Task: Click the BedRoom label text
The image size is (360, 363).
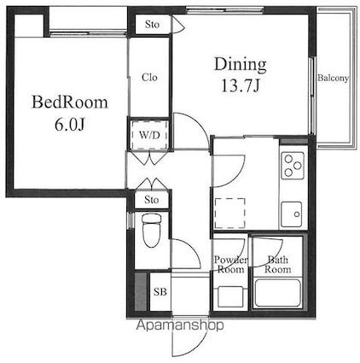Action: coord(70,103)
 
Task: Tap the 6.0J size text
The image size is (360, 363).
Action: coord(70,125)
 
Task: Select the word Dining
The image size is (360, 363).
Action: coord(240,63)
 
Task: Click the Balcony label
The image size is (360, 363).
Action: coord(333,79)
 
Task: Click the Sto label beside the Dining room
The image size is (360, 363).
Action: coord(152,24)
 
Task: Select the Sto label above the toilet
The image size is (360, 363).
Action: coord(151,200)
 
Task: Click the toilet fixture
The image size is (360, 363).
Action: coord(151,229)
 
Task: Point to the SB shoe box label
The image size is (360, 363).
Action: coord(160,291)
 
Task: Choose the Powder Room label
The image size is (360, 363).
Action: coord(230,265)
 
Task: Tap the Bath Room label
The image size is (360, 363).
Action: coord(278,265)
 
